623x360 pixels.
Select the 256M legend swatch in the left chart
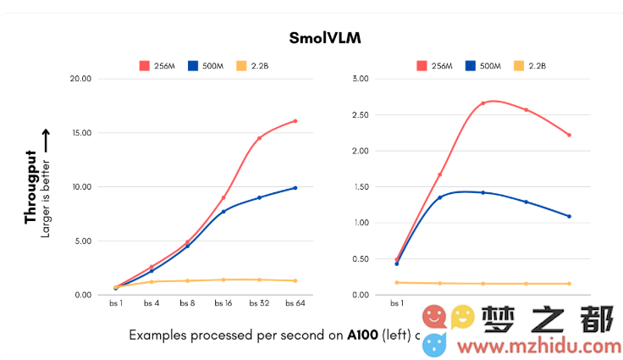[x=145, y=65]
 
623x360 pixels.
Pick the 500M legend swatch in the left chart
[x=193, y=65]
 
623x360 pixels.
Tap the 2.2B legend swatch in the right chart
[x=519, y=65]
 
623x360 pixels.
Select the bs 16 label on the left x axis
[x=223, y=302]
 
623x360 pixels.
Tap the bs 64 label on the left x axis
[x=295, y=302]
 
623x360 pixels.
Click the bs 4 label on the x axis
[x=152, y=302]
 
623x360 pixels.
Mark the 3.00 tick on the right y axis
[x=361, y=79]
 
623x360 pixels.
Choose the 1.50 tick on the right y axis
[x=361, y=186]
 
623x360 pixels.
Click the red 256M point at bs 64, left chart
[x=295, y=121]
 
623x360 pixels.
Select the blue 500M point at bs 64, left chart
[x=295, y=188]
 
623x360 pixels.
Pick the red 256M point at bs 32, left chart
[x=259, y=138]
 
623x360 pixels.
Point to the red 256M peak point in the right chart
[x=482, y=103]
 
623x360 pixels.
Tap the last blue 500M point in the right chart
[x=569, y=216]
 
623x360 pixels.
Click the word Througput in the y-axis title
[x=30, y=187]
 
